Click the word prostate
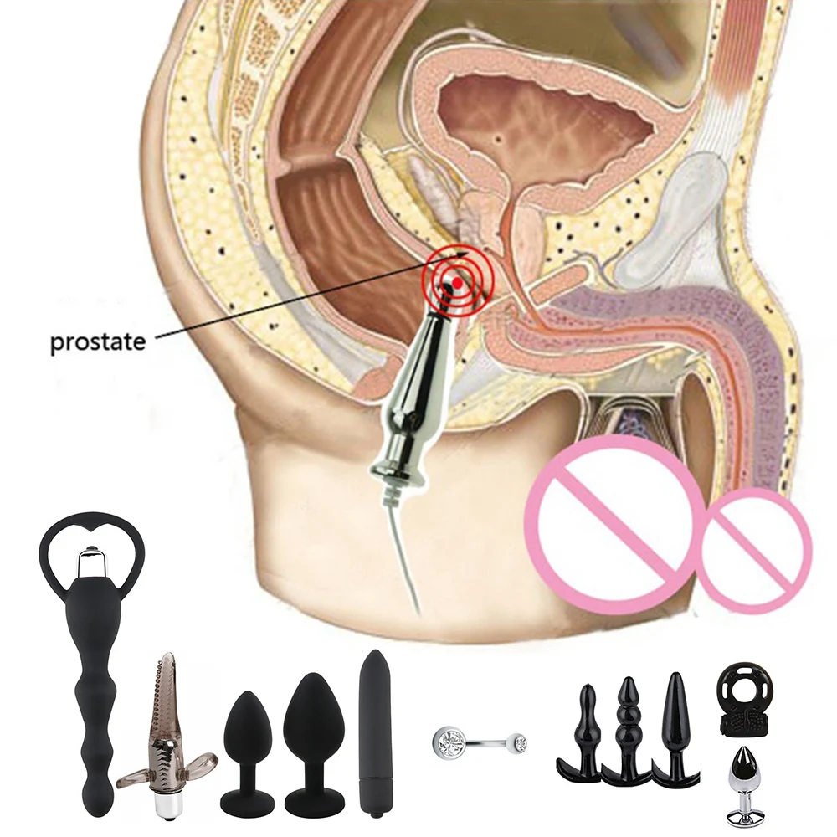pos(97,341)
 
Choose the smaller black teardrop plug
pos(247,750)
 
